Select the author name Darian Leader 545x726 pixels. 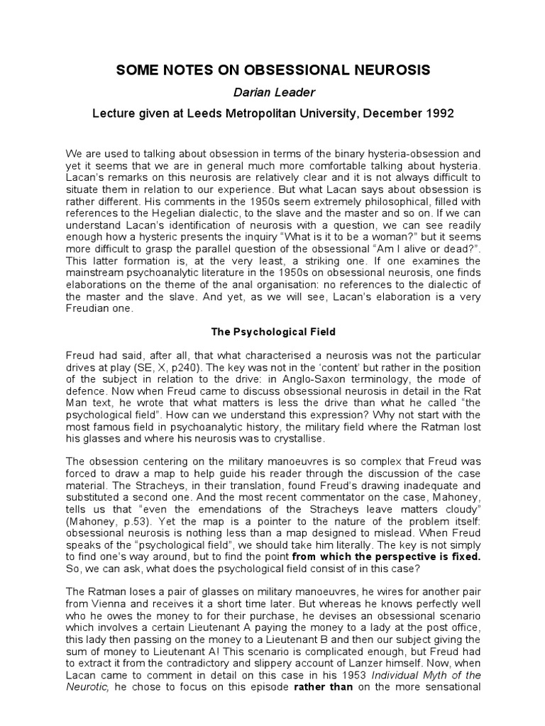pyautogui.click(x=272, y=92)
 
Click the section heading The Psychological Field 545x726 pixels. pyautogui.click(x=272, y=331)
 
